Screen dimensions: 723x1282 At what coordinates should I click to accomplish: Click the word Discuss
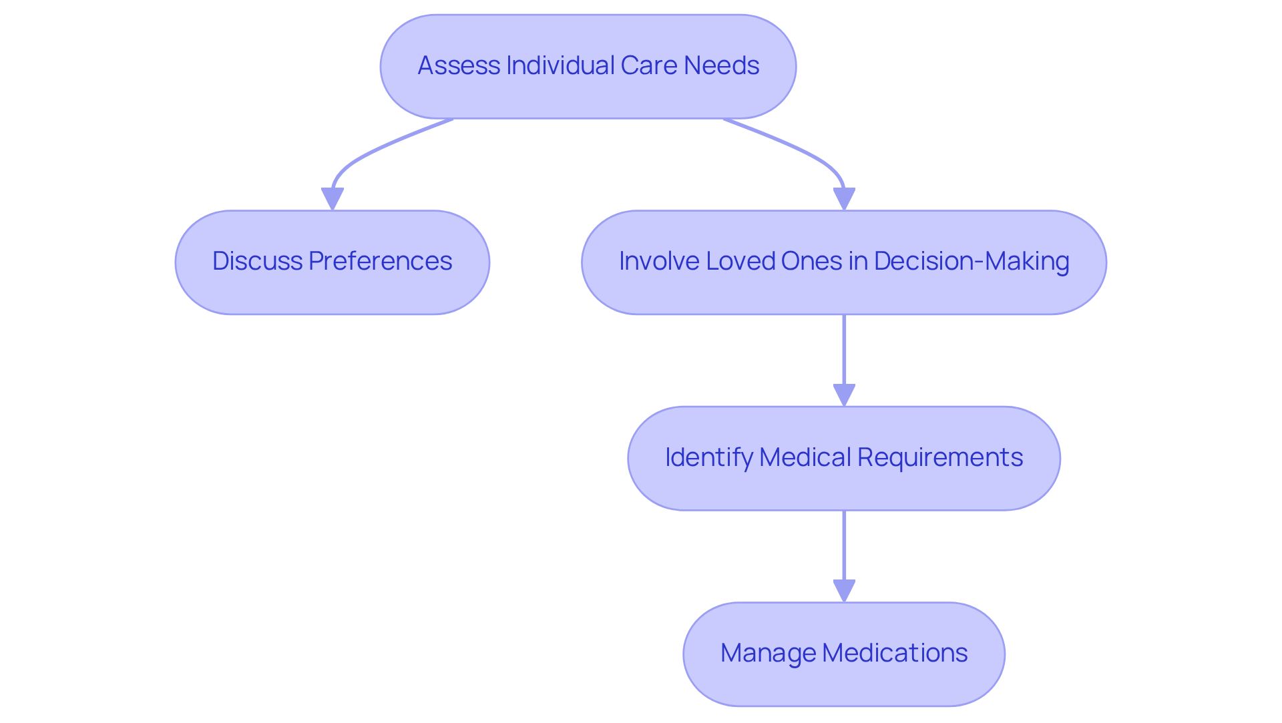(x=257, y=261)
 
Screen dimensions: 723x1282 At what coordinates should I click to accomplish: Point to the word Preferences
(x=380, y=261)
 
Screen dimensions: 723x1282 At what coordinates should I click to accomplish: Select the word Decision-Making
(x=972, y=261)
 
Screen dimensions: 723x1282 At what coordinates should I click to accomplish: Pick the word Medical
(x=805, y=457)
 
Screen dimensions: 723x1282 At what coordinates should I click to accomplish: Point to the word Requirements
(x=939, y=457)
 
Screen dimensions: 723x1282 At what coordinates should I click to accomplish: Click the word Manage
(x=767, y=653)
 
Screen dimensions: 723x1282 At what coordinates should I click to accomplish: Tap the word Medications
(x=895, y=653)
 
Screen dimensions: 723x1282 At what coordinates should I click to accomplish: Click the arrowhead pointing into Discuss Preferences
(x=333, y=198)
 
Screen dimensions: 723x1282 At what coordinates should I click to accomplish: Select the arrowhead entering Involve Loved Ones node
(x=844, y=198)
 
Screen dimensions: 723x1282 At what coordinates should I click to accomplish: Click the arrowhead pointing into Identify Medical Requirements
(x=844, y=395)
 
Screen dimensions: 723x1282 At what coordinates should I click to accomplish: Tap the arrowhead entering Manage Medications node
(x=844, y=590)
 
